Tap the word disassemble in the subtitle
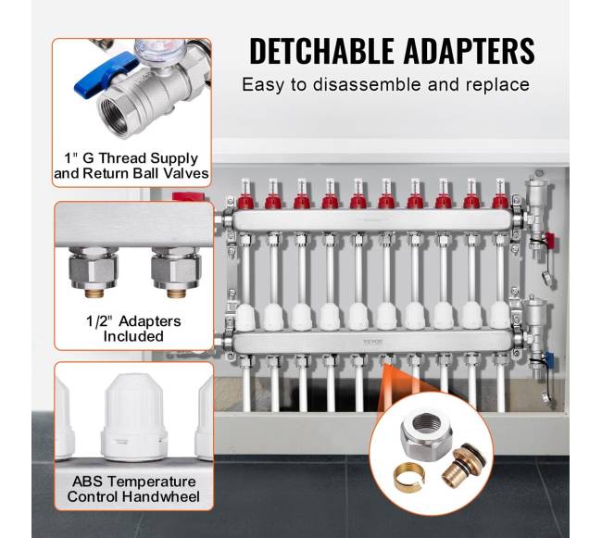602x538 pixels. [x=367, y=84]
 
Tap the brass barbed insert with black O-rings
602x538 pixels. [x=463, y=465]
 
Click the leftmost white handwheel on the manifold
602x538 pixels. [x=245, y=317]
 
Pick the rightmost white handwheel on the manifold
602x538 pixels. [x=500, y=316]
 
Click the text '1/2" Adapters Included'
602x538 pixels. [x=133, y=329]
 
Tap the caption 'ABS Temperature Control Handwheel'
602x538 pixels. [x=133, y=489]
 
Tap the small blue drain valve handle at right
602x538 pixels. [x=549, y=361]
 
